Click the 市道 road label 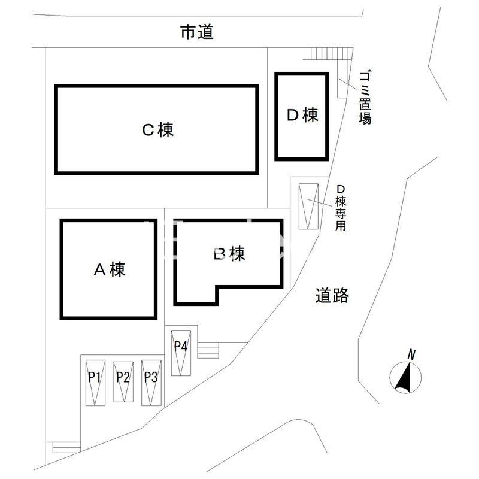197,32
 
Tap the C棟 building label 157,129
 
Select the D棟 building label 302,115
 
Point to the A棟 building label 109,270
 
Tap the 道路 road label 332,295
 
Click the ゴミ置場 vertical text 365,97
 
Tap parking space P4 181,353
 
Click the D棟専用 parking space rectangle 310,205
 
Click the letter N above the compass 411,354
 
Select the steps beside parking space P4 209,350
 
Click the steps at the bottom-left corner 65,447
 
